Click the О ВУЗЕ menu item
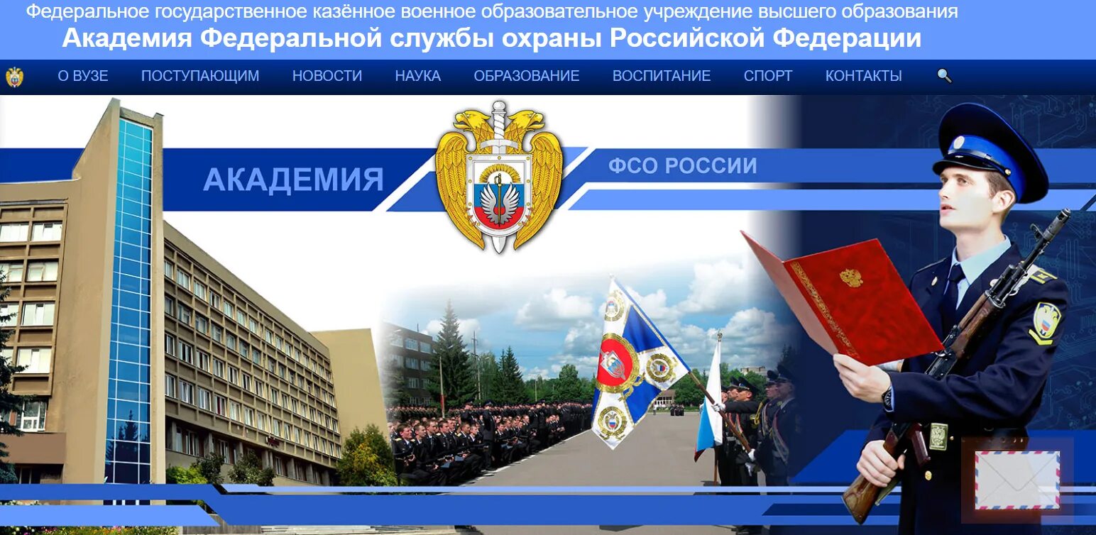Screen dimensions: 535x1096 point(83,76)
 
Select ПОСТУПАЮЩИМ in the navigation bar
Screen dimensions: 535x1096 point(200,76)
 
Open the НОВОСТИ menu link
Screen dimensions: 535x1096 point(327,76)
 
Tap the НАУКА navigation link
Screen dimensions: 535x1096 point(418,76)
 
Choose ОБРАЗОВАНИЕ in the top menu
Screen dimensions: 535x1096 point(527,76)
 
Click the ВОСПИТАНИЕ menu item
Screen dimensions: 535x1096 point(662,76)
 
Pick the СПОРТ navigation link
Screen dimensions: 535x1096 point(768,76)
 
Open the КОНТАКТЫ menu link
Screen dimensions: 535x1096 point(864,76)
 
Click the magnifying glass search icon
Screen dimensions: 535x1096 point(944,76)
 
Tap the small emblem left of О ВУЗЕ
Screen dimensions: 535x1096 point(14,77)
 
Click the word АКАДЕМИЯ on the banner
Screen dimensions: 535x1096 point(293,180)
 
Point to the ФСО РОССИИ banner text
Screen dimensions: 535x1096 point(682,166)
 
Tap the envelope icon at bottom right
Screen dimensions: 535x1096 point(1017,480)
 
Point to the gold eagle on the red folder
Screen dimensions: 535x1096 point(850,277)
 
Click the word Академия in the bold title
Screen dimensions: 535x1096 point(126,38)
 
